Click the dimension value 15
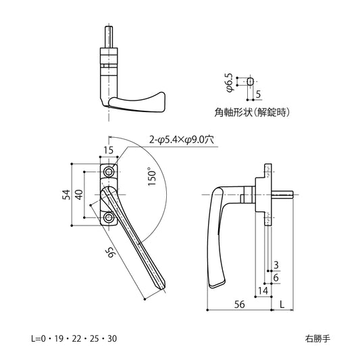coord(109,150)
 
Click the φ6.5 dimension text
coord(230,82)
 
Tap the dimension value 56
coord(238,304)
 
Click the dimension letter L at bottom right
coord(282,304)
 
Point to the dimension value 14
coord(261,290)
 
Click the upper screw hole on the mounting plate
coord(109,173)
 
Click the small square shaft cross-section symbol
coord(251,81)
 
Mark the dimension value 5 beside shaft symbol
coord(258,95)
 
